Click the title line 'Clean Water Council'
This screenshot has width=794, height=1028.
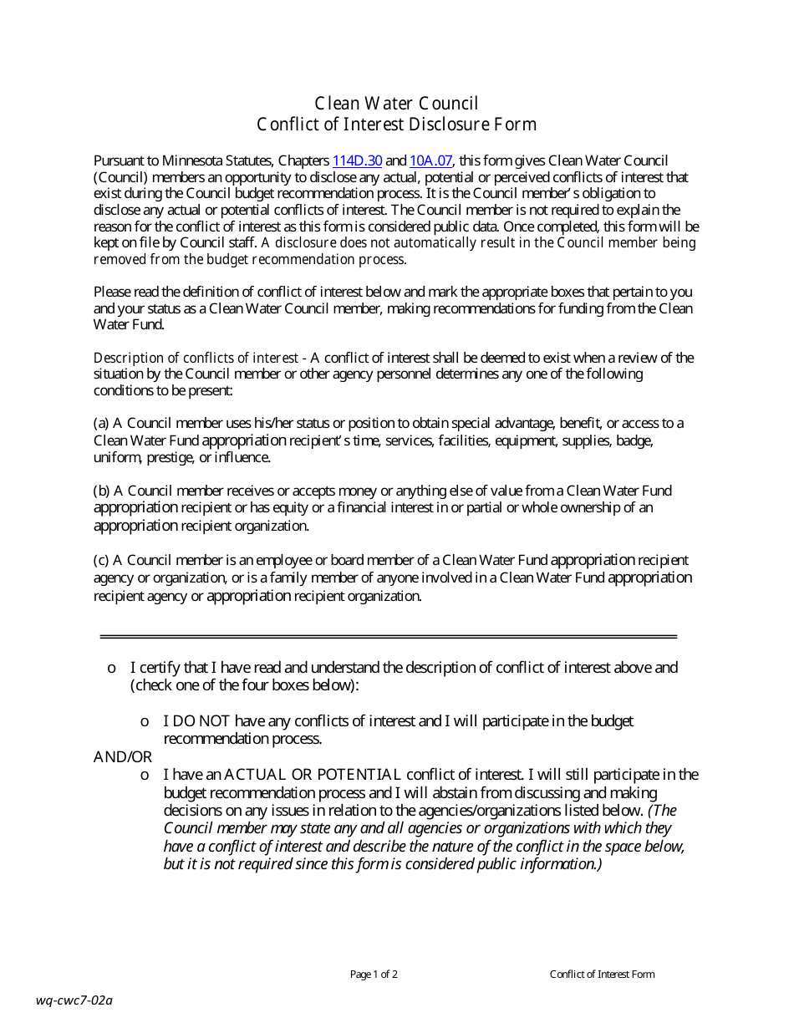click(x=396, y=104)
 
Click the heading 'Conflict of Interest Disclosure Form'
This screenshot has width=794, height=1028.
click(x=396, y=125)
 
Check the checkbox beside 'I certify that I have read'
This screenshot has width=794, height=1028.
click(x=111, y=669)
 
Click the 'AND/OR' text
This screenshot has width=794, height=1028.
click(x=122, y=757)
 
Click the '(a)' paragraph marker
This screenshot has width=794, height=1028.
click(x=101, y=423)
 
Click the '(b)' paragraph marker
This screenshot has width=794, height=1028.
click(x=101, y=491)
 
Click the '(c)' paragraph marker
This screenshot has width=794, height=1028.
click(x=101, y=560)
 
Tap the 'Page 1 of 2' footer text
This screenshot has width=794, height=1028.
click(x=374, y=974)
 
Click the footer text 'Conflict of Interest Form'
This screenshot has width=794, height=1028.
click(x=602, y=974)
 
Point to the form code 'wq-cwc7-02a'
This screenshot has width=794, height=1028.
click(x=74, y=1000)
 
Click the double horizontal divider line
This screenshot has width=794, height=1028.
click(x=388, y=637)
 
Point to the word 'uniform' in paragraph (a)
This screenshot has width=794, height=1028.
click(x=117, y=457)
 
